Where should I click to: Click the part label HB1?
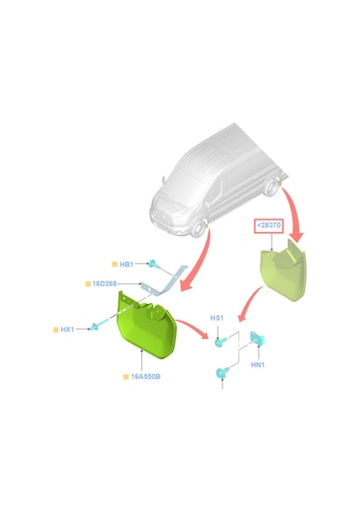point(126,264)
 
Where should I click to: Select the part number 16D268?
point(104,283)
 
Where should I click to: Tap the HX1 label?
point(67,329)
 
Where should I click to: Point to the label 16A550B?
point(146,376)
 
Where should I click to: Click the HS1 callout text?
point(217,318)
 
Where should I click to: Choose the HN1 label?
point(257,364)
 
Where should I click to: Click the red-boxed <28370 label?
point(269,225)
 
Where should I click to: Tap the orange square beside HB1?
point(114,265)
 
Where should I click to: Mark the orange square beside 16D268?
point(87,284)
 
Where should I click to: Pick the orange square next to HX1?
point(56,329)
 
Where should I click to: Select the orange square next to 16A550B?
point(126,377)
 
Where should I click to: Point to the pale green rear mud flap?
point(284,272)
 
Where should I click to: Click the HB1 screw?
point(153,264)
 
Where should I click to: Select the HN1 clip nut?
point(257,338)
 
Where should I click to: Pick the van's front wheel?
point(199,229)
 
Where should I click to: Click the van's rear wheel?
point(271,188)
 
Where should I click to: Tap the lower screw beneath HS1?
point(222,373)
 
